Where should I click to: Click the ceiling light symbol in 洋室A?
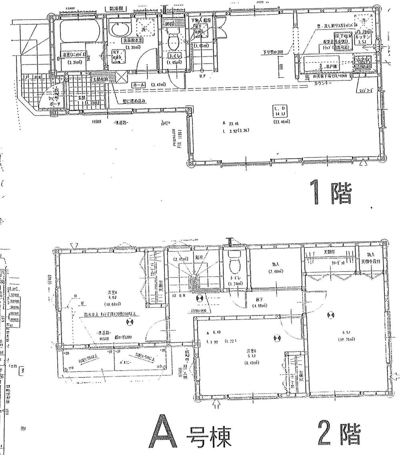(x=129, y=322)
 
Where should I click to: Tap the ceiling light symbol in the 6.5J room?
(x=330, y=315)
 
